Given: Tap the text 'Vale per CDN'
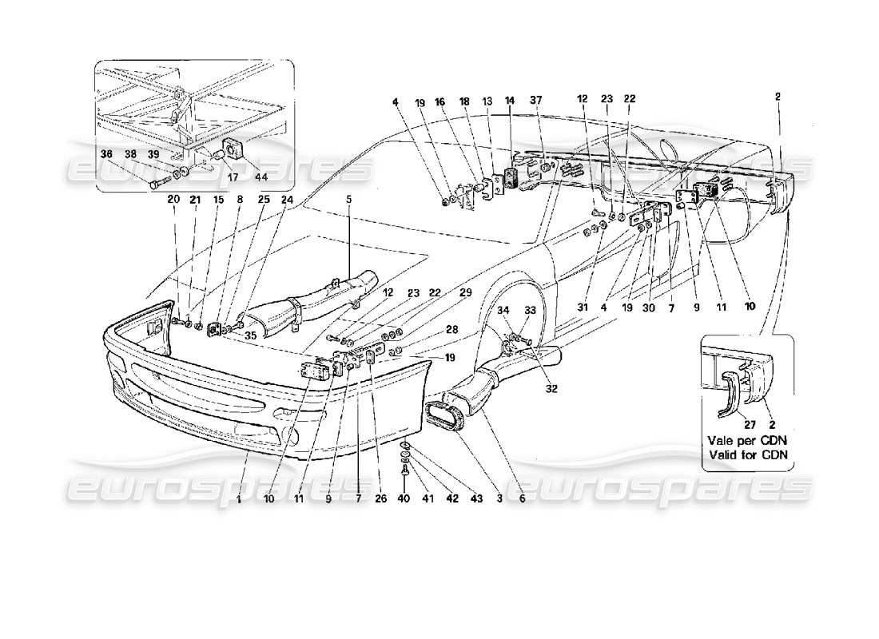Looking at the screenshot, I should pos(742,440).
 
